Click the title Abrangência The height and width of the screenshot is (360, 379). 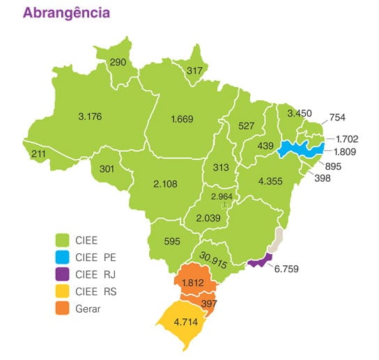pyautogui.click(x=66, y=13)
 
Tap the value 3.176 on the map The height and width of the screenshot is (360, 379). pyautogui.click(x=89, y=116)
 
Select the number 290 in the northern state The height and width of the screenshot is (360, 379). pyautogui.click(x=118, y=63)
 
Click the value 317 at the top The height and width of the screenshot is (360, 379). pyautogui.click(x=195, y=70)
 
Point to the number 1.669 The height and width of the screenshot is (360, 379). pyautogui.click(x=183, y=120)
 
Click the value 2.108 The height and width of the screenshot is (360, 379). pyautogui.click(x=164, y=184)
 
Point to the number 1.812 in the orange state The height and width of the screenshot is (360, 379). pyautogui.click(x=192, y=283)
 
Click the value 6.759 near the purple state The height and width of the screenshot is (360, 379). pyautogui.click(x=286, y=266)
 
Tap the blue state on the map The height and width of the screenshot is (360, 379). pyautogui.click(x=300, y=149)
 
